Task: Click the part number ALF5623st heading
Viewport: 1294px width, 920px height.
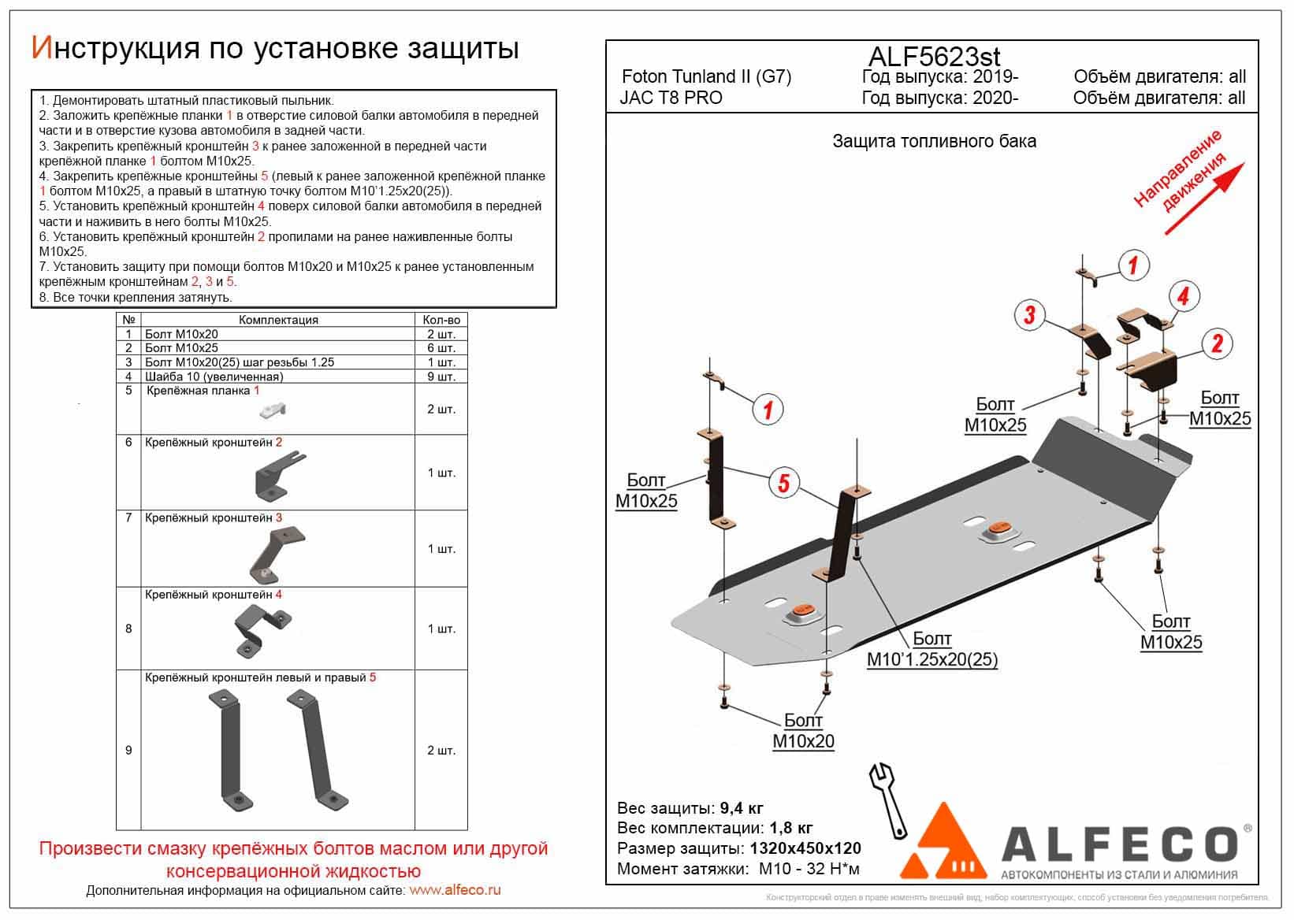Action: point(934,57)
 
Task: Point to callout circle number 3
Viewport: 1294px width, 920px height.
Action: point(1029,316)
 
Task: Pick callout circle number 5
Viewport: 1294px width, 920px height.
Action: point(783,481)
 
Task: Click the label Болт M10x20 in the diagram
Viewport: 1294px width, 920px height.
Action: point(803,731)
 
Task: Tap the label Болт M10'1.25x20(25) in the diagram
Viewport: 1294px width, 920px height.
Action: point(931,649)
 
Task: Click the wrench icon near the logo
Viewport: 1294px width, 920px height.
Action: point(888,799)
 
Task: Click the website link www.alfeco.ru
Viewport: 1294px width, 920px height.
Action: point(455,890)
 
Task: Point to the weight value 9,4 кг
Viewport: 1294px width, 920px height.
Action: point(742,808)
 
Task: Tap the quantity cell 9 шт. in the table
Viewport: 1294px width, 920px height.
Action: point(441,377)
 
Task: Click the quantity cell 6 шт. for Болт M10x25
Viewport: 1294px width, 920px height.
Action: point(441,348)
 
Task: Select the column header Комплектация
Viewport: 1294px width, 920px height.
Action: point(278,320)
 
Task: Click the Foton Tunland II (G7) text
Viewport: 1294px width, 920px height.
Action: point(706,76)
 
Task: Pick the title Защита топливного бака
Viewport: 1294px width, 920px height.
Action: point(934,142)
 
